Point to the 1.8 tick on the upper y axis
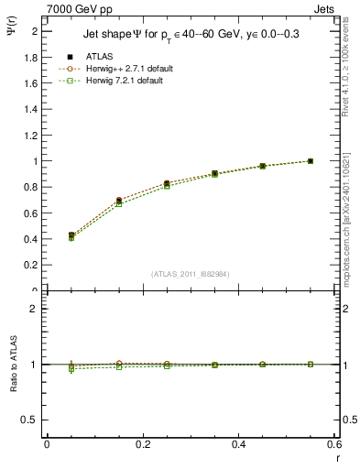pos(31,57)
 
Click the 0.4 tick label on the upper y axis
pos(31,240)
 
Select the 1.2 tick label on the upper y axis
pos(31,136)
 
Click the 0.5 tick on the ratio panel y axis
pos(31,420)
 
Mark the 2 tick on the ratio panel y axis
pos(35,309)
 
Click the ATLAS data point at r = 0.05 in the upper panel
pos(71,235)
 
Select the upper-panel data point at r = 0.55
pos(311,161)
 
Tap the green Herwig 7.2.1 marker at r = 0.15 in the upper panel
pos(119,204)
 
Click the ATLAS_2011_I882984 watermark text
pos(191,273)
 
